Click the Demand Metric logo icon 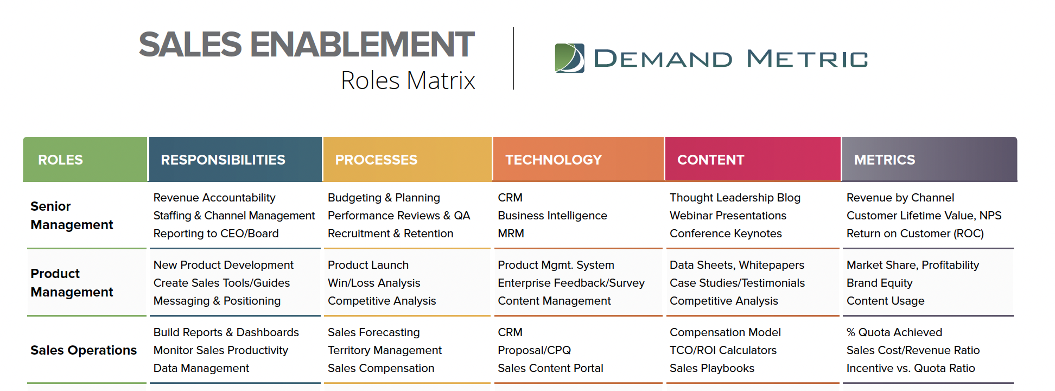pyautogui.click(x=569, y=58)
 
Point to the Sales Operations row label pyautogui.click(x=84, y=350)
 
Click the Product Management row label pyautogui.click(x=72, y=283)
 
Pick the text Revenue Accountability pyautogui.click(x=214, y=198)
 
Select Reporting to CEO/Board pyautogui.click(x=216, y=234)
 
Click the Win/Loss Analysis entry pyautogui.click(x=374, y=283)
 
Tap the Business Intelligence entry pyautogui.click(x=552, y=216)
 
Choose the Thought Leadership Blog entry pyautogui.click(x=735, y=198)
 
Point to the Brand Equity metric pyautogui.click(x=879, y=283)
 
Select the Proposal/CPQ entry pyautogui.click(x=534, y=350)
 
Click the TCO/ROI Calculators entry pyautogui.click(x=723, y=350)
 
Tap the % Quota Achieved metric pyautogui.click(x=894, y=332)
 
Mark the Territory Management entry pyautogui.click(x=385, y=350)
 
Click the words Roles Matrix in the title pyautogui.click(x=408, y=80)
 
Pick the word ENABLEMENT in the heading pyautogui.click(x=362, y=44)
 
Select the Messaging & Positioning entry pyautogui.click(x=217, y=301)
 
